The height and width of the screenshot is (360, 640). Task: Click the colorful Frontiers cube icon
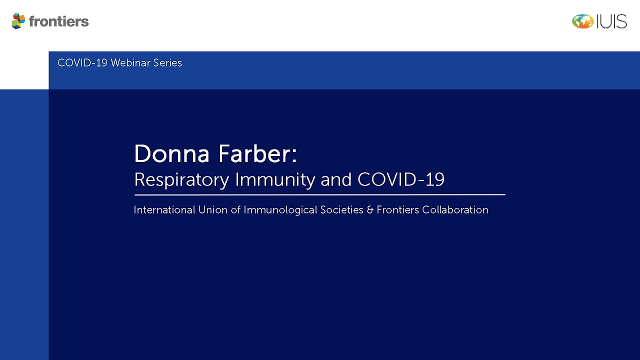(18, 21)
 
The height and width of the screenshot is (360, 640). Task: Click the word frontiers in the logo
(59, 21)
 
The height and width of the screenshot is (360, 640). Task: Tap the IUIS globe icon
(583, 21)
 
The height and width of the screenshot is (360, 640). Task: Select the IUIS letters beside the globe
(611, 21)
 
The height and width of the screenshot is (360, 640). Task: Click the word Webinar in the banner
(130, 63)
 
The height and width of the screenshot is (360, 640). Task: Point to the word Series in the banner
(167, 63)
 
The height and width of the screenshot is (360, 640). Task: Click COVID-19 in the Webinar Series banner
(82, 63)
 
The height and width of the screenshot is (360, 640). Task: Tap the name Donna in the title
(171, 154)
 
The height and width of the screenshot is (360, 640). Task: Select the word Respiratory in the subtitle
(181, 180)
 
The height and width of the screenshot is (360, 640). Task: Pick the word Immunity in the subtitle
(275, 180)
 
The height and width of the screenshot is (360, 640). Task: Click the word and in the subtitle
(336, 179)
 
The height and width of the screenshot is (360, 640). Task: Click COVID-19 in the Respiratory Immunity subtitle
(401, 179)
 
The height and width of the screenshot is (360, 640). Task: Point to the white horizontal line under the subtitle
(319, 195)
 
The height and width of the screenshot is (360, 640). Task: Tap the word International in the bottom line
(164, 210)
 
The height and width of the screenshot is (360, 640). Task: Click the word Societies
(341, 210)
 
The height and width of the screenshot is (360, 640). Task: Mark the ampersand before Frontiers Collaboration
(370, 210)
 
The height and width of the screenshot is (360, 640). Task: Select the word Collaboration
(455, 210)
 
